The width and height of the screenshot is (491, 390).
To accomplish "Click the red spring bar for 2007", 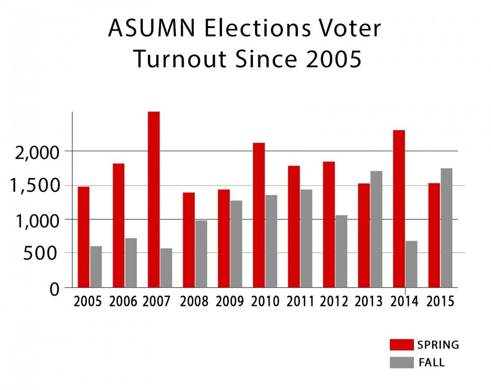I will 154,199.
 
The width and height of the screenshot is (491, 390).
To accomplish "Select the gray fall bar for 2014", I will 411,264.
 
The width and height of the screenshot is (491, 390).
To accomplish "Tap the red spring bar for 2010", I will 259,215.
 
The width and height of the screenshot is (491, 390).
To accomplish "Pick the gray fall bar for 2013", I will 376,229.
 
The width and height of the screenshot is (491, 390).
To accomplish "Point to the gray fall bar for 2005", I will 96,267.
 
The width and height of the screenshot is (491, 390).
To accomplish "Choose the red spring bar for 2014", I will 399,209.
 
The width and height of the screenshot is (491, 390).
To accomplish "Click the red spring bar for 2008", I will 189,240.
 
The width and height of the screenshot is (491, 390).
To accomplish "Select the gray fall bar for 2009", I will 236,244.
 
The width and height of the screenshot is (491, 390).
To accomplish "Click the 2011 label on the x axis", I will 300,301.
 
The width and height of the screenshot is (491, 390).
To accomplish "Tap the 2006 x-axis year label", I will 124,301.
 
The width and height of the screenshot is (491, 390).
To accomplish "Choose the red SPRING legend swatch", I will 401,345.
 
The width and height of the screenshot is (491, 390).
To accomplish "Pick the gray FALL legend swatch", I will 401,362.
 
